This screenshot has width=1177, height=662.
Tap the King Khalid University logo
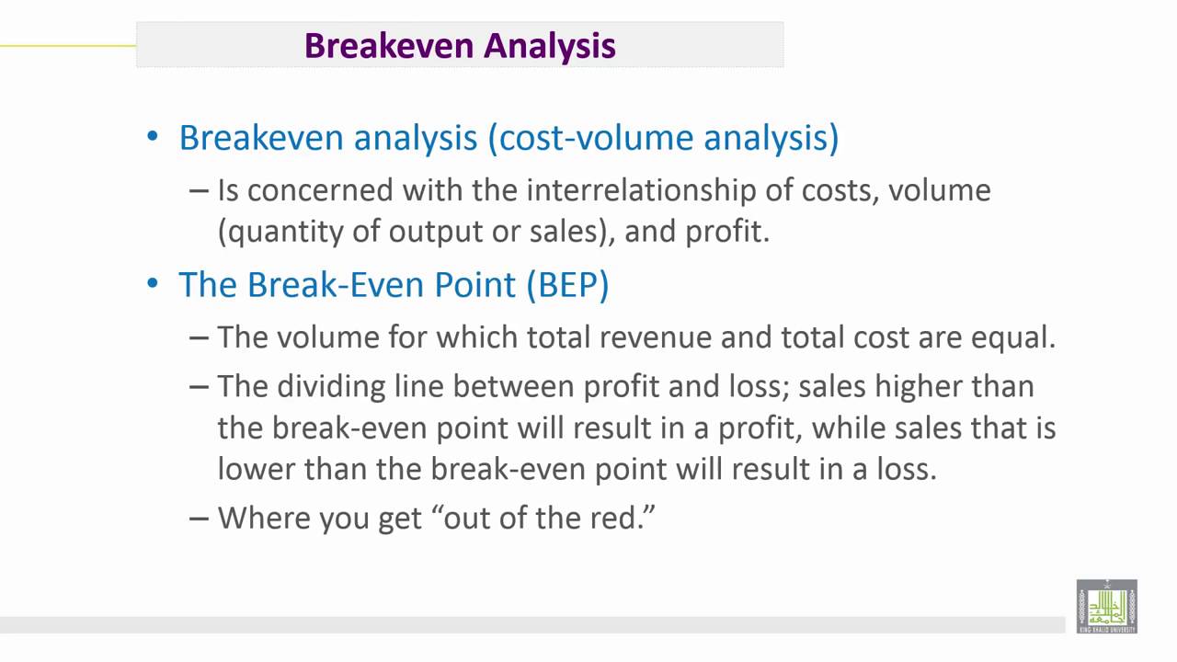1107,606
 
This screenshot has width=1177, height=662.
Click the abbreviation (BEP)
567,284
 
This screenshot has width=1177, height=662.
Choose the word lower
257,469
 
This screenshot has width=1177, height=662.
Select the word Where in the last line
264,518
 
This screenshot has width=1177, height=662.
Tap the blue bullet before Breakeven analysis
153,138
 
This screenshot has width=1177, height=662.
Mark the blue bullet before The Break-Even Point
153,284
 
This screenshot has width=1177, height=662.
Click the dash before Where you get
199,518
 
